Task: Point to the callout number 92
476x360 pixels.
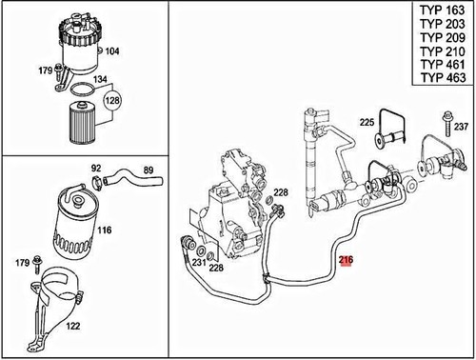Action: tap(96, 170)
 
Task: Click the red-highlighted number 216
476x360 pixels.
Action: tap(345, 259)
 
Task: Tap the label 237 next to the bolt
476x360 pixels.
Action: tap(461, 128)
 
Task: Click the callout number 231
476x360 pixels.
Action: tap(197, 263)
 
